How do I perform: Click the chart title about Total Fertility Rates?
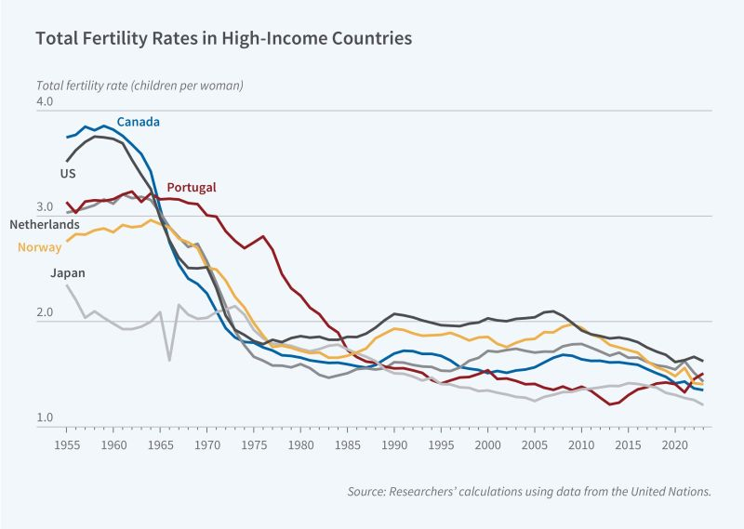[x=223, y=40]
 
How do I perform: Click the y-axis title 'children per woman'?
[x=139, y=86]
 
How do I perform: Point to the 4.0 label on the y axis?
[x=46, y=100]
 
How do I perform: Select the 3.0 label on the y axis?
[x=46, y=206]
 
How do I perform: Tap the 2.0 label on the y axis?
[x=46, y=312]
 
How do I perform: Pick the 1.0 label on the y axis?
[x=46, y=418]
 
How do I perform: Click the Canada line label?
[x=138, y=122]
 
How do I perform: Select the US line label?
[x=68, y=174]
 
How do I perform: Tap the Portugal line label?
[x=191, y=188]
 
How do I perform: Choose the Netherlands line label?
[x=45, y=225]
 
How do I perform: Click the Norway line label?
[x=39, y=247]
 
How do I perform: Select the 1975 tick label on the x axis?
[x=254, y=445]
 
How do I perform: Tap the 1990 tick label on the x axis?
[x=394, y=445]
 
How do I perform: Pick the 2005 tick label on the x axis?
[x=535, y=445]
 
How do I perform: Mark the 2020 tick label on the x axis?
[x=675, y=445]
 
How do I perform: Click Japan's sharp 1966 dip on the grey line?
[x=169, y=359]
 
